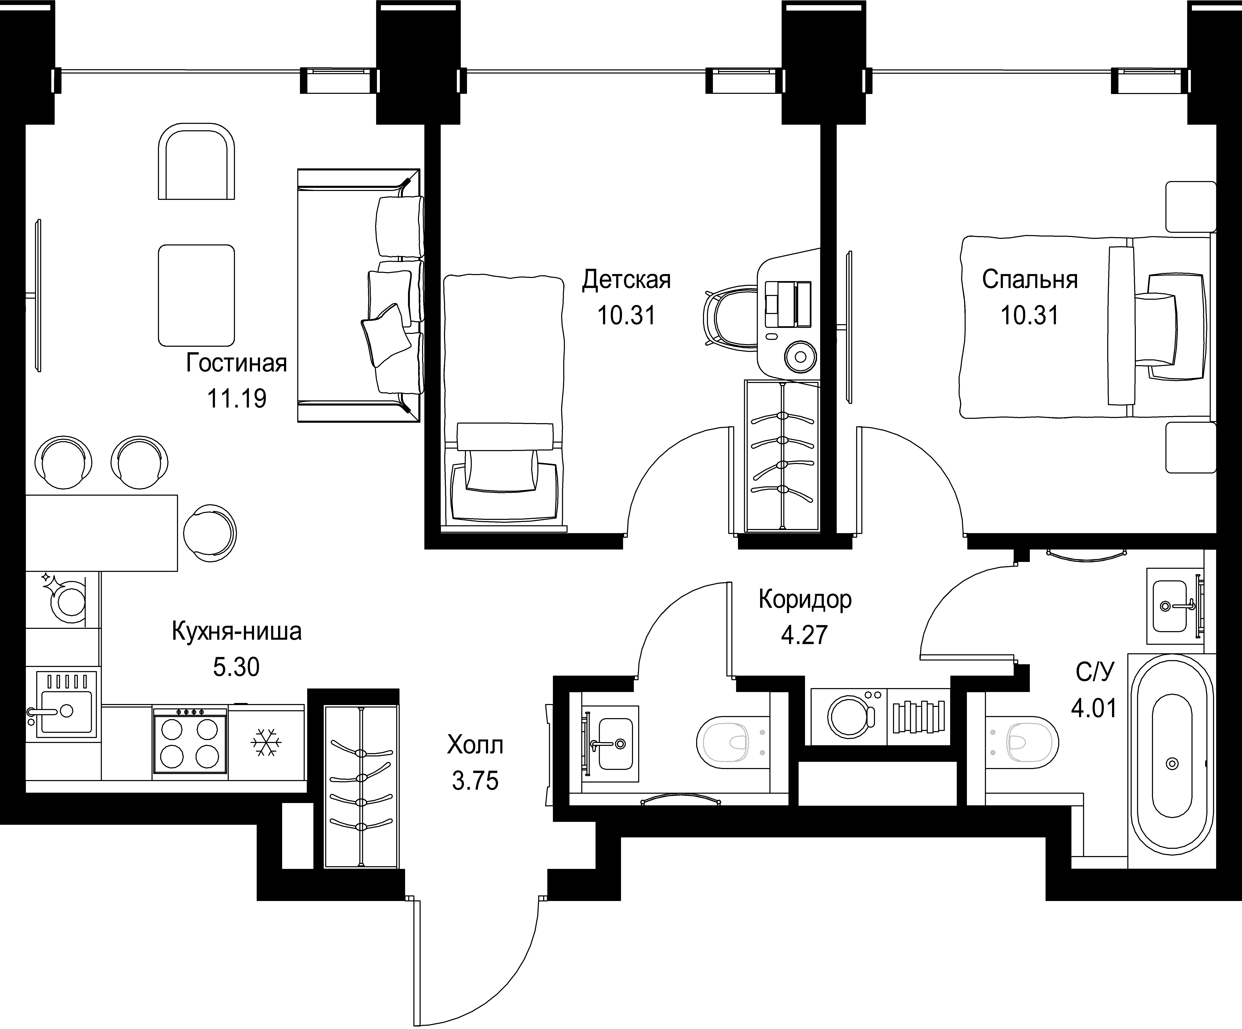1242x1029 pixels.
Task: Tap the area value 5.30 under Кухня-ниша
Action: (236, 667)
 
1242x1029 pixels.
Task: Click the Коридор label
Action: (805, 600)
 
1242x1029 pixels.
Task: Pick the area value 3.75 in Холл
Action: (475, 781)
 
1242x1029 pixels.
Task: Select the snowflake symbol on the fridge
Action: (267, 743)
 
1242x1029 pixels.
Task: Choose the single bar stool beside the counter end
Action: (210, 533)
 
